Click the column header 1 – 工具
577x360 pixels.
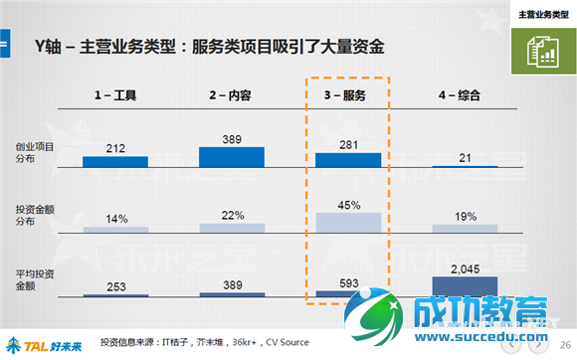point(114,95)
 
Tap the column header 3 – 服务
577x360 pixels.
point(347,95)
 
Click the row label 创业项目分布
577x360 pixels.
point(35,153)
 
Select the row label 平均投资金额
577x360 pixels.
point(35,279)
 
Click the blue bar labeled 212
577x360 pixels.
point(114,160)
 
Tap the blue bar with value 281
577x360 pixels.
point(347,159)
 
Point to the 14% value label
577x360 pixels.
point(114,219)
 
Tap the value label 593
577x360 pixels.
point(347,281)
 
